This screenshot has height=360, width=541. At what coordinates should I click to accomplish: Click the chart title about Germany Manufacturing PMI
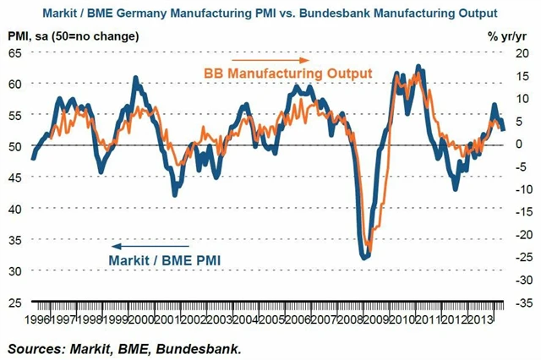(x=270, y=14)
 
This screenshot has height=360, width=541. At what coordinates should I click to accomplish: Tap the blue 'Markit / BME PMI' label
(x=164, y=261)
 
